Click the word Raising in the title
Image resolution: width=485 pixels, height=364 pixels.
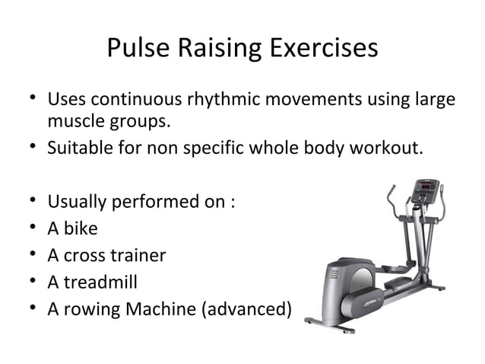tap(218, 49)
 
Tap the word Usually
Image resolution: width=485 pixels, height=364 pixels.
tap(78, 203)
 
